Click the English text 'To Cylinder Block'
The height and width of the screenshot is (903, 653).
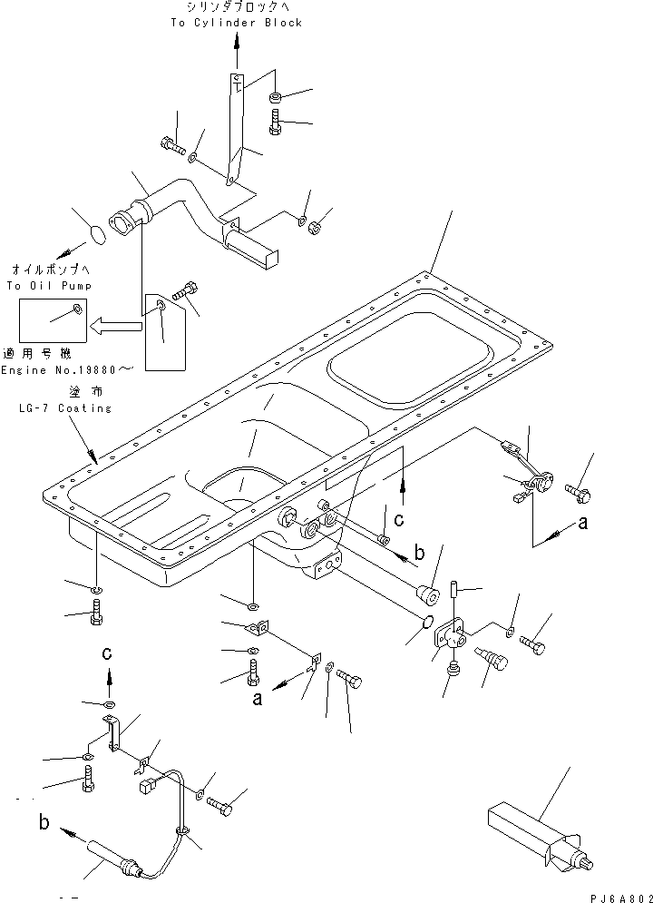click(x=236, y=23)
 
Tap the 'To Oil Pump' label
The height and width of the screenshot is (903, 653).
click(x=39, y=286)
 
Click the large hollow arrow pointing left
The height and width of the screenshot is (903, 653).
click(x=120, y=321)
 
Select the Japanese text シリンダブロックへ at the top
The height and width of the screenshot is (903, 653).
click(x=237, y=8)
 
